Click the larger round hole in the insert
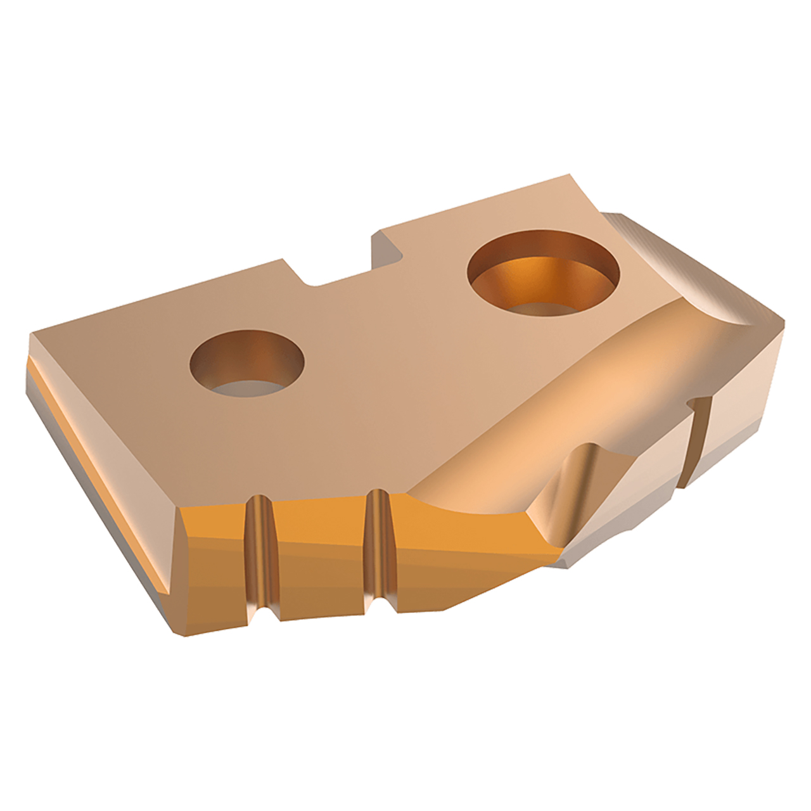(x=543, y=272)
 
